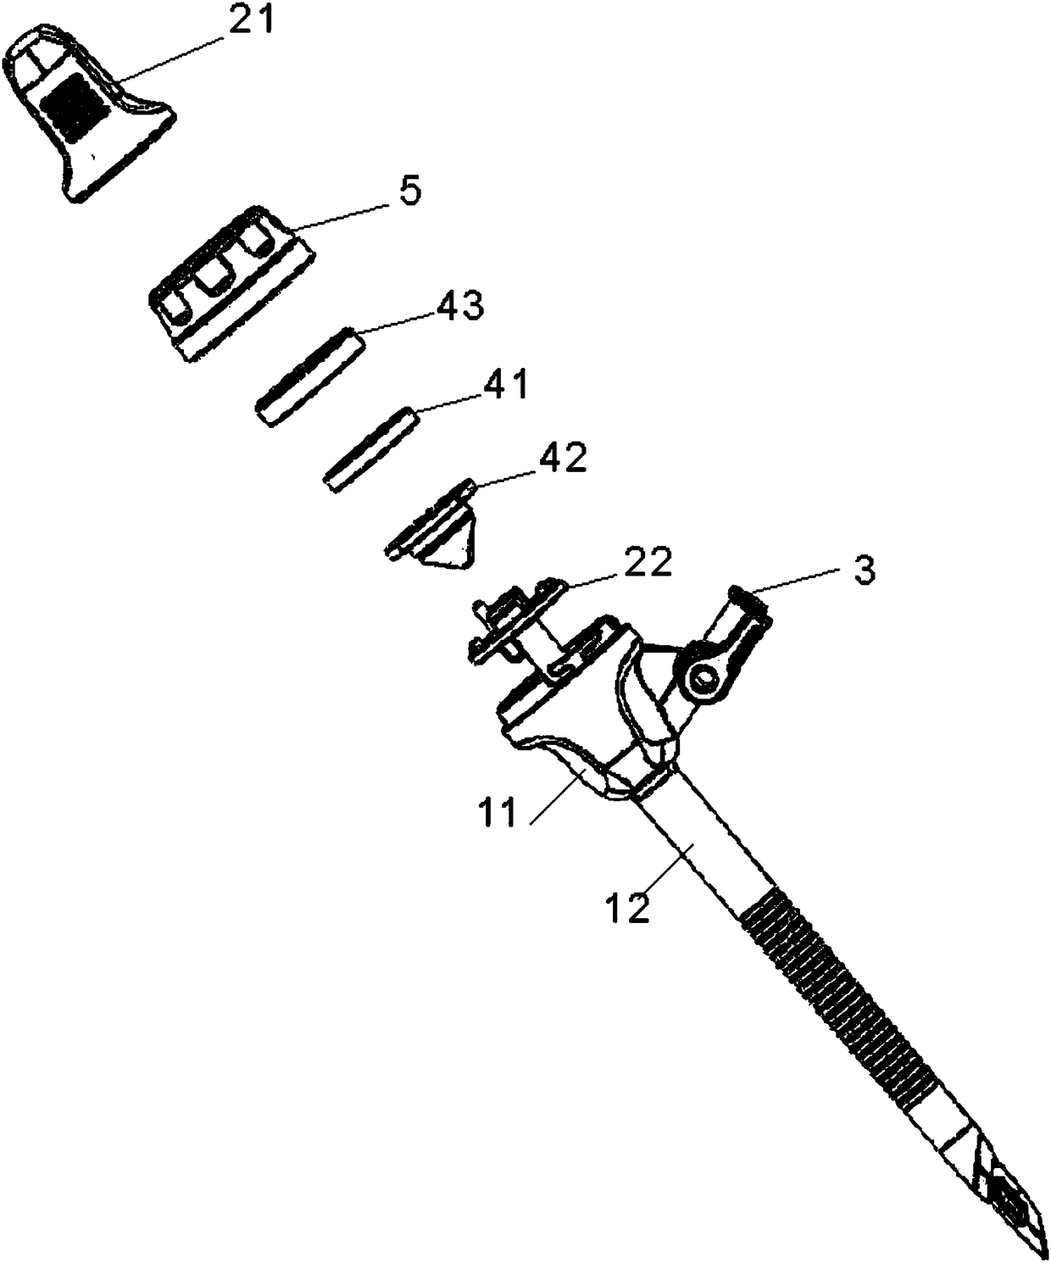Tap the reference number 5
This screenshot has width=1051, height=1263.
coord(409,192)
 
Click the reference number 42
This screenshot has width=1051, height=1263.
coord(562,459)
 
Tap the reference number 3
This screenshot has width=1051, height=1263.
coord(862,571)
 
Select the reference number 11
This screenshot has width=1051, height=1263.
coord(498,815)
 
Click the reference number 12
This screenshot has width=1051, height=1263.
coord(628,908)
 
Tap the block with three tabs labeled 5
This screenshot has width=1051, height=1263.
coord(229,284)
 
